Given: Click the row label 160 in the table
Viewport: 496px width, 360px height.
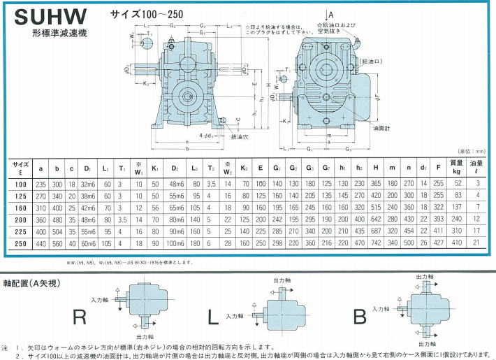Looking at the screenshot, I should (x=20, y=208).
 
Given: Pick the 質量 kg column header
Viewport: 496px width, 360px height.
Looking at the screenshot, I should (x=458, y=168).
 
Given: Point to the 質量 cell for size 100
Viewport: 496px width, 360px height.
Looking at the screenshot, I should (x=458, y=183).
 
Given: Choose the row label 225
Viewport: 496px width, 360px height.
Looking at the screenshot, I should (x=20, y=230).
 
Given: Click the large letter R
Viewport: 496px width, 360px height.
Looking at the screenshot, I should (x=79, y=317).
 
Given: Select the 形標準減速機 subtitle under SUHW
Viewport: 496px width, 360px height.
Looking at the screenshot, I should (x=58, y=33).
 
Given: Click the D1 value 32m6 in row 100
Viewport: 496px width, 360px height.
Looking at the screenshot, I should (x=88, y=183).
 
